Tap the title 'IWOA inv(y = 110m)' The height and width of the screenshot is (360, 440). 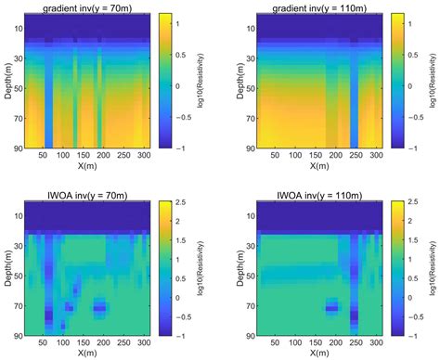(317, 193)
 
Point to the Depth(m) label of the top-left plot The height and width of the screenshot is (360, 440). (7, 82)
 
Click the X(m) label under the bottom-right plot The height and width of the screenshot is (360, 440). (317, 354)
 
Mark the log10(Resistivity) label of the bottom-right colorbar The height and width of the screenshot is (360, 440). (428, 266)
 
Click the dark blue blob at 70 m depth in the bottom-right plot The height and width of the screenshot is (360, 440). (331, 307)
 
